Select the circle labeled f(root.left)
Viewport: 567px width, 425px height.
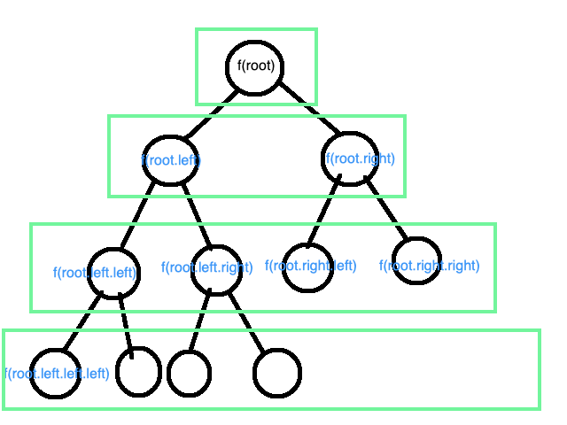coord(171,159)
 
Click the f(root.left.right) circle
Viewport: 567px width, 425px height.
coord(215,267)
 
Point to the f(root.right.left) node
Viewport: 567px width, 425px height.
coord(308,265)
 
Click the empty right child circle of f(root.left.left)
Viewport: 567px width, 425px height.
coord(137,371)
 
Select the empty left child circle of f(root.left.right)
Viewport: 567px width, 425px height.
coord(189,373)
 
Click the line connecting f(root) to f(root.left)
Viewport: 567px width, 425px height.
coord(211,115)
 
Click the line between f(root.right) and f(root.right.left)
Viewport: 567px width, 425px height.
coord(325,212)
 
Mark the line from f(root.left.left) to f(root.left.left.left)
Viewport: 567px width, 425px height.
coord(84,323)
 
